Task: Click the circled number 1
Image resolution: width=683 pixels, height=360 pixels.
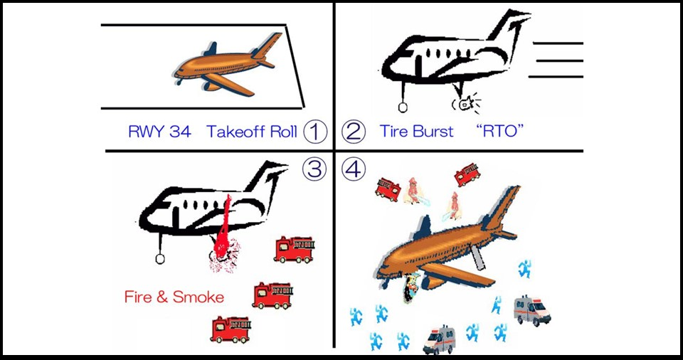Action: point(314,131)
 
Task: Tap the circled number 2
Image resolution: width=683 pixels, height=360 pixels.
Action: point(354,131)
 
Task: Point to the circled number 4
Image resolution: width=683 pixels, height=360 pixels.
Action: point(353,169)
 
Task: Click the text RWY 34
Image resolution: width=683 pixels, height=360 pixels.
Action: point(159,132)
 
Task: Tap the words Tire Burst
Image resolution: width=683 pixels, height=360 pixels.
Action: point(416,132)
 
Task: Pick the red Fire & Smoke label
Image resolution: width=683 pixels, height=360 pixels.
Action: point(174,296)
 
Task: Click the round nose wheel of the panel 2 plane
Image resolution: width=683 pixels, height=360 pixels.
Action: point(403,107)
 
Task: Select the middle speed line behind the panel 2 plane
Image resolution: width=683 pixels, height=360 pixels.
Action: point(558,60)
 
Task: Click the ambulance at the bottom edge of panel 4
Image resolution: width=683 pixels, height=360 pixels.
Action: point(438,340)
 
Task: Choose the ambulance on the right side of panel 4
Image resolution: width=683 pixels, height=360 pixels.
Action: point(532,310)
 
